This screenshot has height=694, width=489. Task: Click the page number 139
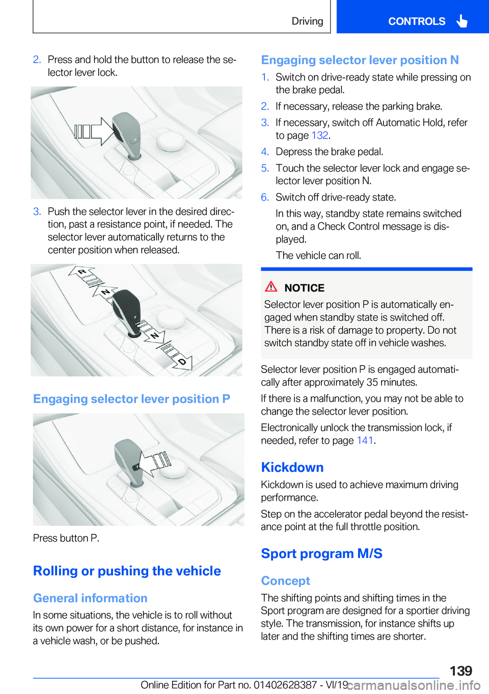tap(460, 671)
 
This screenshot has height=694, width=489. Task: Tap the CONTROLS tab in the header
tap(416, 21)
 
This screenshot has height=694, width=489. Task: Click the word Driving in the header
tap(307, 21)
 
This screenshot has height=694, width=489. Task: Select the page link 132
tap(320, 136)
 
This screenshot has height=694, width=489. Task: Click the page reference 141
tap(365, 441)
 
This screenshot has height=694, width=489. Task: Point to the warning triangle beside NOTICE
tap(271, 287)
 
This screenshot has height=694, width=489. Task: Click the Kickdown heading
tap(292, 467)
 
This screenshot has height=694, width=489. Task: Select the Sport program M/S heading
tap(321, 553)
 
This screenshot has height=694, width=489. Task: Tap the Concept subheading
tap(285, 581)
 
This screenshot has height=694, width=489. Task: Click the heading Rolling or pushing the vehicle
tap(127, 571)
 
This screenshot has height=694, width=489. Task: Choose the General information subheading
tap(90, 598)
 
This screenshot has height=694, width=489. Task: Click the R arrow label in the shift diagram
tap(81, 272)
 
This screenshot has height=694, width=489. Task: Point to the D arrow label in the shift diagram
tap(182, 361)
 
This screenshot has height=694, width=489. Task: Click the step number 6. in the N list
tap(265, 197)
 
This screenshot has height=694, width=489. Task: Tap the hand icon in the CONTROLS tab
tap(462, 21)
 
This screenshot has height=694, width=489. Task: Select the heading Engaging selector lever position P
tap(131, 399)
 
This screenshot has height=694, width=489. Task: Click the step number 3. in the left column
tap(37, 211)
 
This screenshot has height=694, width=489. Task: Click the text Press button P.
tap(66, 538)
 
